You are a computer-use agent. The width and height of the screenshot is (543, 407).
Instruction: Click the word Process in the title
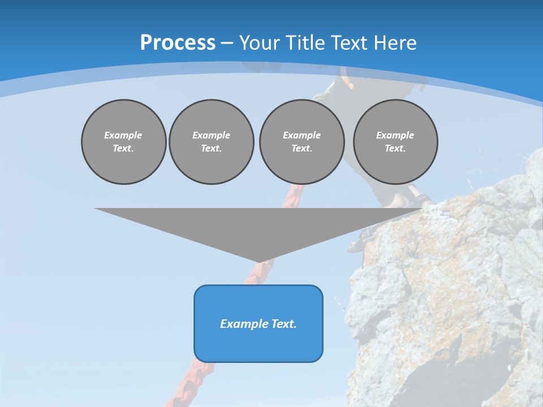[x=178, y=42]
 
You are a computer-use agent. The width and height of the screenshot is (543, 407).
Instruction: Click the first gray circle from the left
[x=123, y=142]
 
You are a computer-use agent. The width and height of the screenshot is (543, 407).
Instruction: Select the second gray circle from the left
[x=211, y=142]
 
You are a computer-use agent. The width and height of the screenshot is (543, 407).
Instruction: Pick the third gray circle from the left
[x=301, y=142]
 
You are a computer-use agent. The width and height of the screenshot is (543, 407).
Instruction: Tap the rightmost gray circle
[x=395, y=142]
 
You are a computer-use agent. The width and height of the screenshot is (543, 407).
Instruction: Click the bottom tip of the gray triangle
[x=259, y=261]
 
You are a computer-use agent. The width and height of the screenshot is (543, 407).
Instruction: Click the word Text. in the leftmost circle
[x=123, y=149]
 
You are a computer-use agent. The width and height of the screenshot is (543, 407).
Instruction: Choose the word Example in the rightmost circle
[x=395, y=135]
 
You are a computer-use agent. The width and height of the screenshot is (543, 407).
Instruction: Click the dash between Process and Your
[x=227, y=43]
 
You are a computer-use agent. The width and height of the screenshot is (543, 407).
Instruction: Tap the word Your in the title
[x=258, y=42]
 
